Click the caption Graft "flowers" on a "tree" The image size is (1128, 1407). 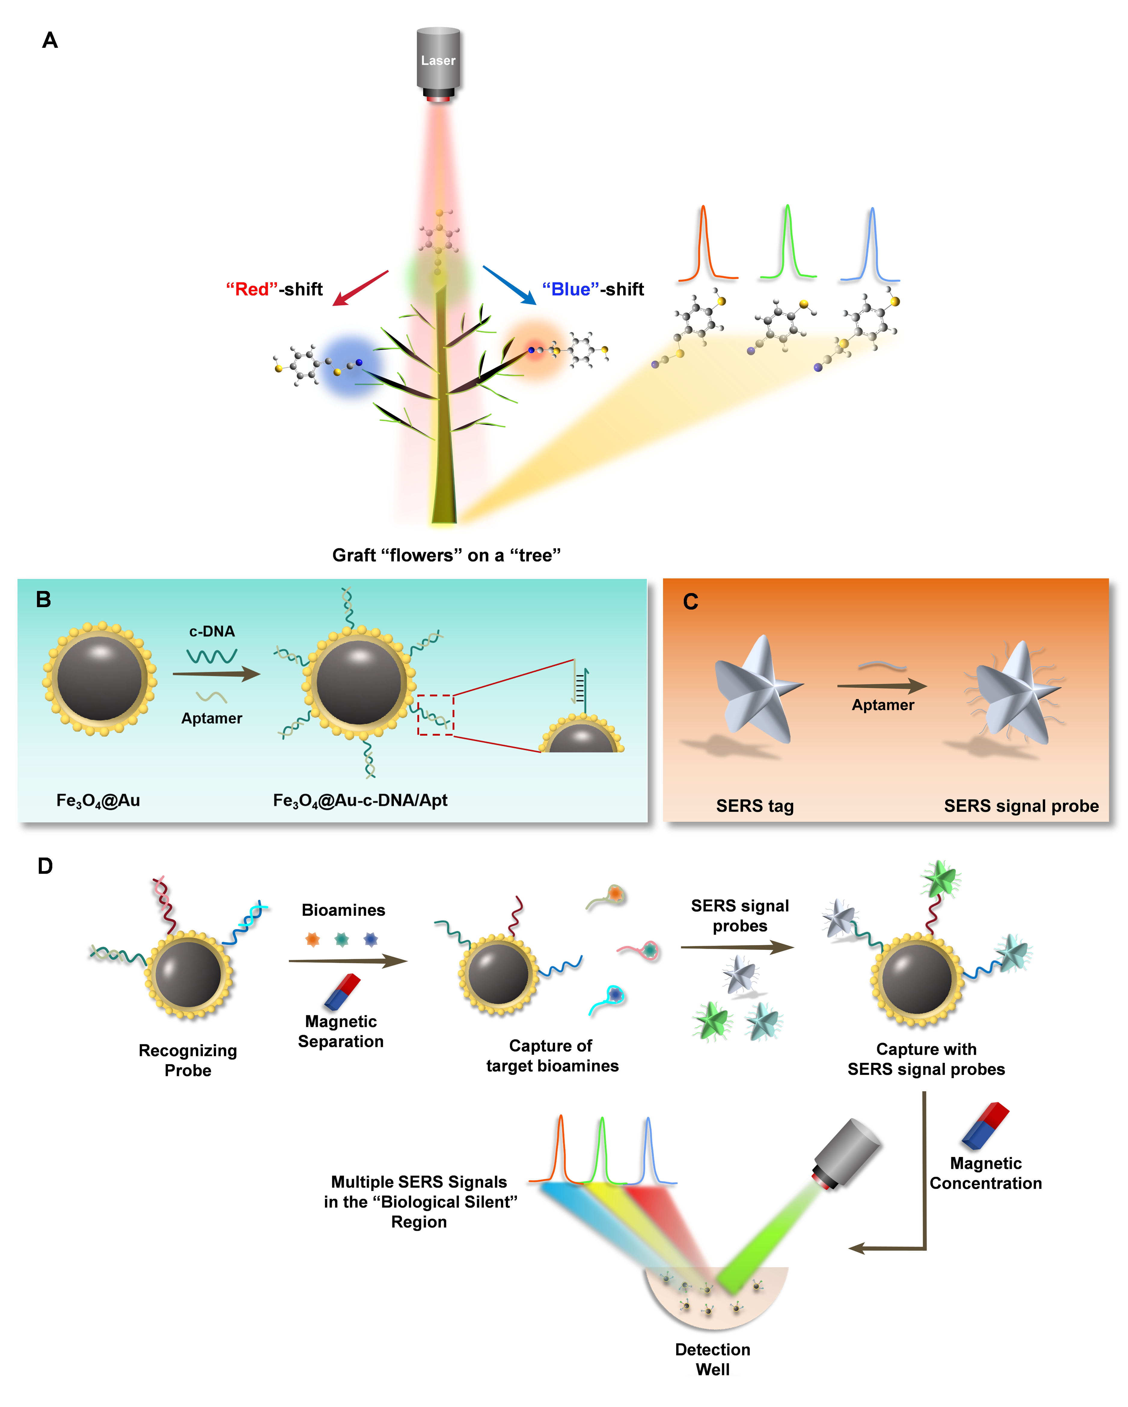tap(446, 555)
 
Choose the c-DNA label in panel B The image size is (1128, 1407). tap(212, 631)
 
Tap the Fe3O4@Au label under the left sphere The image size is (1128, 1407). tap(98, 801)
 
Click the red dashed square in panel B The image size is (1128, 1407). tap(435, 715)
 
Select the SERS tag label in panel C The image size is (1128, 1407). tap(755, 806)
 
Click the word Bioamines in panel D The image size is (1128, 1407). tap(343, 910)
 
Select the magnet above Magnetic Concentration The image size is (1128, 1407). tap(985, 1126)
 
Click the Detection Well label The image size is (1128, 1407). tap(712, 1360)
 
